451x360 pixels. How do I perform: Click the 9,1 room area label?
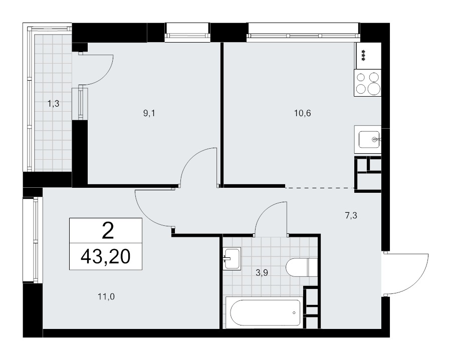pos(149,114)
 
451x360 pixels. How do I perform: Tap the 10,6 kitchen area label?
pos(302,113)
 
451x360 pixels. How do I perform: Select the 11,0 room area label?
pos(106,296)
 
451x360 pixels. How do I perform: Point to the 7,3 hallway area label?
pos(351,215)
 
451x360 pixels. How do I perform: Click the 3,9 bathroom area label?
pos(262,272)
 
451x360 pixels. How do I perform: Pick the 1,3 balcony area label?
pos(54,104)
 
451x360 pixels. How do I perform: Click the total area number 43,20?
pos(106,256)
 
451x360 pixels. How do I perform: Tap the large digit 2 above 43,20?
pos(108,230)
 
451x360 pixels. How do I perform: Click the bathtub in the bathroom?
pos(264,312)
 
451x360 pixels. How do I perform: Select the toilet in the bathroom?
pos(302,267)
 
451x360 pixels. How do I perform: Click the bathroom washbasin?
pos(232,259)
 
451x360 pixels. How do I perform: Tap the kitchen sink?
pos(368,139)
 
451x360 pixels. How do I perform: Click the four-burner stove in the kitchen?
pos(368,83)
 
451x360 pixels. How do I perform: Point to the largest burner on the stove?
pos(374,89)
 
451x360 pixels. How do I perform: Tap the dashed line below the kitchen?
pos(320,188)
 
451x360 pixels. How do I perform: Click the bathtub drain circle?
pos(294,312)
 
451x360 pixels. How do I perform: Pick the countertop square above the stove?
pos(369,56)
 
